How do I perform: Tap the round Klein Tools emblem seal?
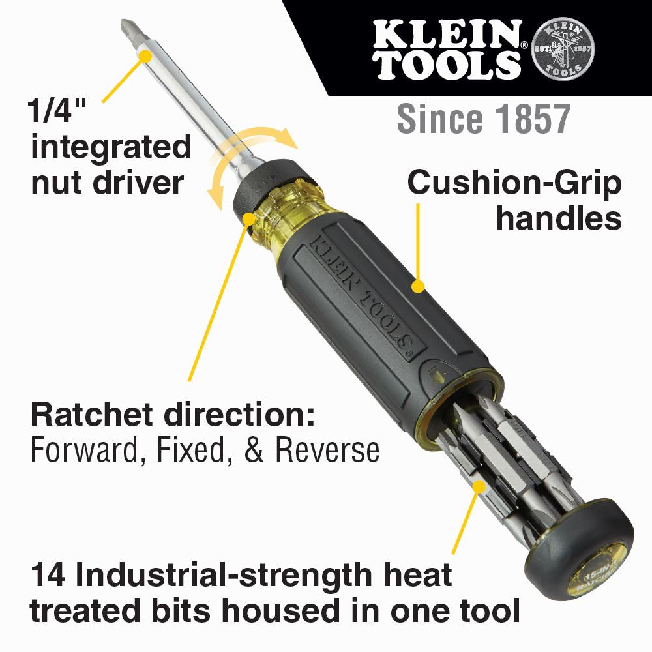(563, 48)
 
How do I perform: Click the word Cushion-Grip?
(514, 185)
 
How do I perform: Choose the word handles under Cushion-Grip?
(558, 218)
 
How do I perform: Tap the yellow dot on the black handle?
(418, 286)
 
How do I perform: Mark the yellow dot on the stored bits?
(479, 486)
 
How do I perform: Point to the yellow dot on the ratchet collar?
(248, 218)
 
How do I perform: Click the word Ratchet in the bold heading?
(91, 416)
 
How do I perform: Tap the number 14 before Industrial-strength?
(48, 576)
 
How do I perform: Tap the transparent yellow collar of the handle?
(297, 202)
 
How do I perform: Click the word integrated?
(111, 148)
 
